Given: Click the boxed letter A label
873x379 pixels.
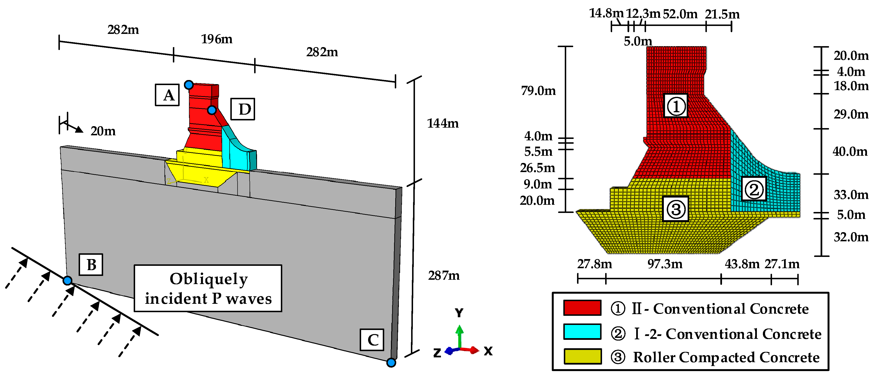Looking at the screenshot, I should (x=167, y=95).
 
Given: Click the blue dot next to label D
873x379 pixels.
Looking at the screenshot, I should (x=212, y=110).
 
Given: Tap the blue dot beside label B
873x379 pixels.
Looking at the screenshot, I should (x=68, y=280).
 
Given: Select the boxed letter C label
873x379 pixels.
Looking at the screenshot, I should (x=372, y=340).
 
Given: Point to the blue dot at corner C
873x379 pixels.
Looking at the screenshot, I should (x=391, y=363).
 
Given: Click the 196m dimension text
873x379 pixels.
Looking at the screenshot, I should (x=217, y=39).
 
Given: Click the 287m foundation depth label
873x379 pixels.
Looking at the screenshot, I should (x=444, y=276).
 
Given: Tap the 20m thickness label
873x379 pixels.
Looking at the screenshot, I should (x=103, y=131).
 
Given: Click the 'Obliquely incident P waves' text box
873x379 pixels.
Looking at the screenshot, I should (x=208, y=288).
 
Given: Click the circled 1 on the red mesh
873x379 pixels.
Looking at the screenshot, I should (x=675, y=106).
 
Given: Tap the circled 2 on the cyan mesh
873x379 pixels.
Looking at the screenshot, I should (x=754, y=189).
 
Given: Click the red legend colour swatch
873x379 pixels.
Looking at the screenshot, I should (x=582, y=308).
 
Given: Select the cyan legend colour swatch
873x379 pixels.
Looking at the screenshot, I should (x=582, y=332).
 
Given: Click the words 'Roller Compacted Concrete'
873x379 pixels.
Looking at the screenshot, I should (x=726, y=357).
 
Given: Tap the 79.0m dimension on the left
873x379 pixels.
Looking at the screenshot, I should (x=538, y=91).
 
